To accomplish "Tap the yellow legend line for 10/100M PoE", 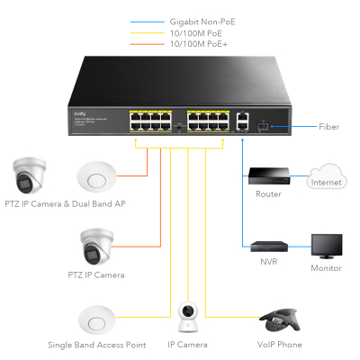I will click(x=148, y=31).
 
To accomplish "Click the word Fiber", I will click(x=329, y=127).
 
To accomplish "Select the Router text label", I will click(x=268, y=193).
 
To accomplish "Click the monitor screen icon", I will click(x=326, y=246).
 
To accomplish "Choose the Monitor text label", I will click(x=326, y=268).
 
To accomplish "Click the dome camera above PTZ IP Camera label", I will click(x=94, y=244).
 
